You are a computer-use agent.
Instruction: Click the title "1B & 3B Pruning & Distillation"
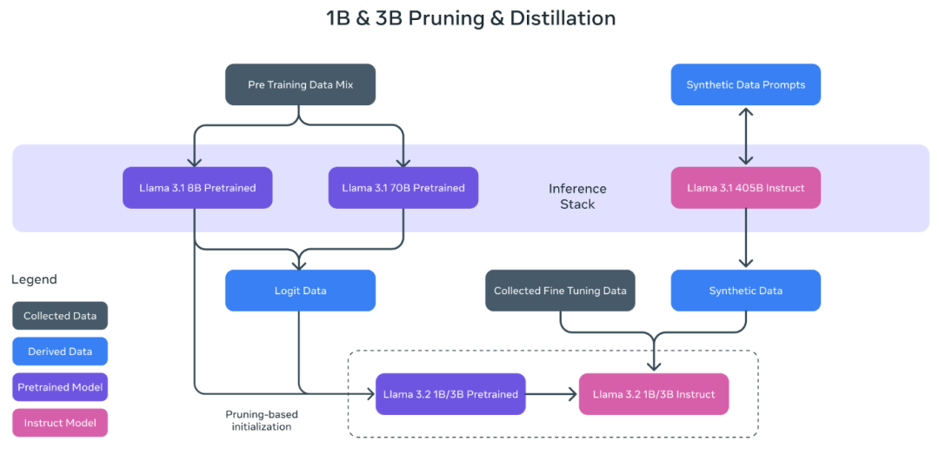(469, 18)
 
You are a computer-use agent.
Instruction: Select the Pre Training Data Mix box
(300, 84)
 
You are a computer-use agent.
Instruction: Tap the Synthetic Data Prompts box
(745, 84)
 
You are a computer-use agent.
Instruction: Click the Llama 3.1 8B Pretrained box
(197, 188)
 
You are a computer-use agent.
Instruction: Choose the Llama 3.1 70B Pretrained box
(403, 188)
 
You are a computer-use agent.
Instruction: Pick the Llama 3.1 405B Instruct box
(745, 188)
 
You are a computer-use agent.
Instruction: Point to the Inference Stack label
(577, 196)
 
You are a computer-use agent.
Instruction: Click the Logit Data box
(300, 291)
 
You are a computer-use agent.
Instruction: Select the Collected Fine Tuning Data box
(560, 291)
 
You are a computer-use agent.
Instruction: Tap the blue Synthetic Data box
(745, 291)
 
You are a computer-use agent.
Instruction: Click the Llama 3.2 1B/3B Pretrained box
(450, 394)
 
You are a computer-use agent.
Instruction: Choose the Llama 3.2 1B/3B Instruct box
(654, 394)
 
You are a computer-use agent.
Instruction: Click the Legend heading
(34, 279)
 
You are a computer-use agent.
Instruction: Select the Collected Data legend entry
(60, 316)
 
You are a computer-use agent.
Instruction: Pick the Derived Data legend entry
(60, 351)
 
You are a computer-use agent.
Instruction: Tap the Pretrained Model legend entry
(60, 387)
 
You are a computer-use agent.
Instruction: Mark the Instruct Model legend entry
(60, 423)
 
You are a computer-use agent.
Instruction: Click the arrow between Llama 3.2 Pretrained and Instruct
(552, 394)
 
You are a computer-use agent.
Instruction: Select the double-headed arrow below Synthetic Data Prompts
(745, 136)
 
